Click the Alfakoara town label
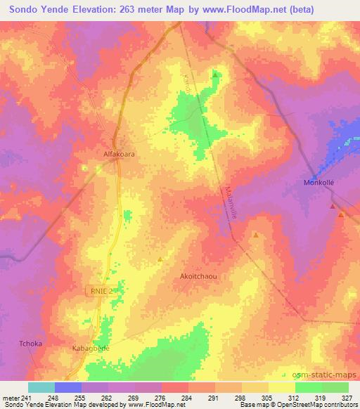pos(113,150)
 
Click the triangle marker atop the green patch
pos(216,74)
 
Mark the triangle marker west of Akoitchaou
pos(160,259)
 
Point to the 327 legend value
pos(347,398)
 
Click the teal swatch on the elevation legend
pos(41,387)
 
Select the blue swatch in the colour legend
pos(67,387)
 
